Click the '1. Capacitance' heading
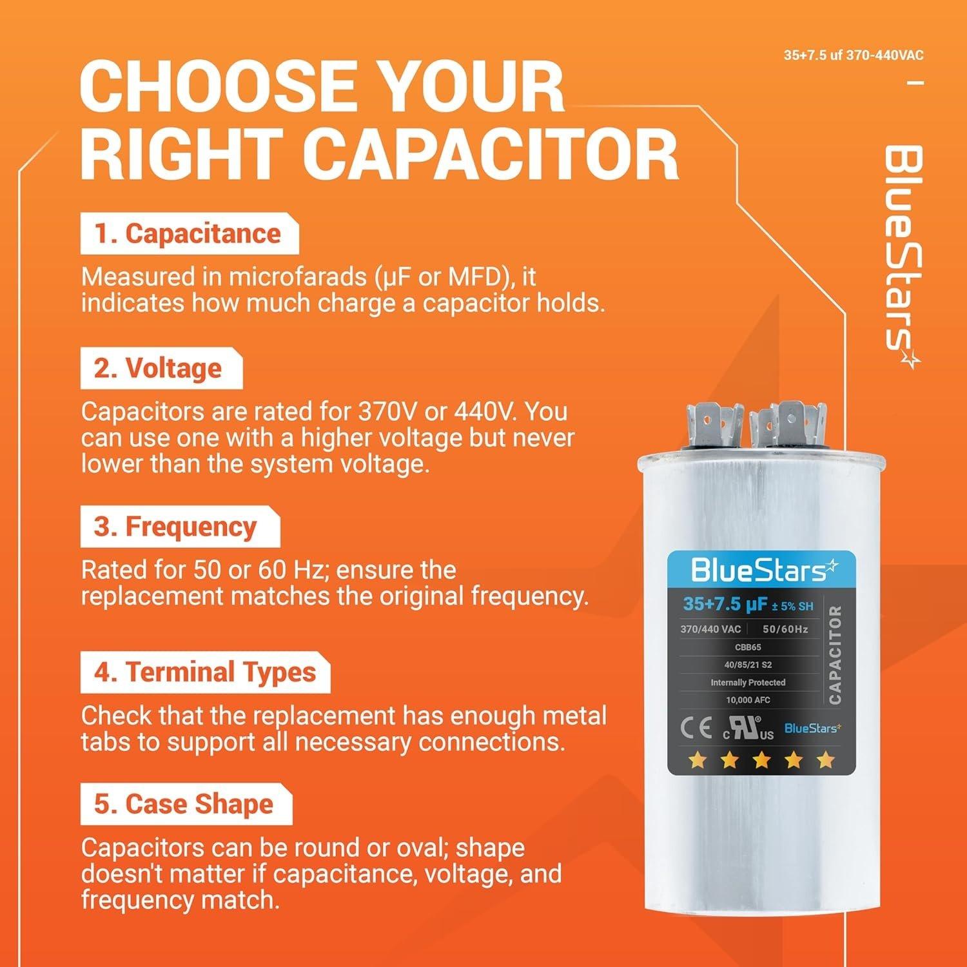[x=188, y=234]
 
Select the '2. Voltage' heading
[x=158, y=369]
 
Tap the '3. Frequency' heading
[x=175, y=527]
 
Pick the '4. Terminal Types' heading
[x=205, y=672]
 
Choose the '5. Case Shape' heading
[x=184, y=805]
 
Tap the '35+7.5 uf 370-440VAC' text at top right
[x=853, y=55]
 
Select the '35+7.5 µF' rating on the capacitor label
[x=725, y=605]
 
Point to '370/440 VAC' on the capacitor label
[x=710, y=629]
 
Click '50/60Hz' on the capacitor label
[x=785, y=629]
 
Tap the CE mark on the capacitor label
[x=696, y=728]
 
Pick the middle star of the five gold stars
[x=761, y=761]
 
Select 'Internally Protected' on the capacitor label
[x=748, y=682]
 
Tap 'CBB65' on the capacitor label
[x=748, y=647]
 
